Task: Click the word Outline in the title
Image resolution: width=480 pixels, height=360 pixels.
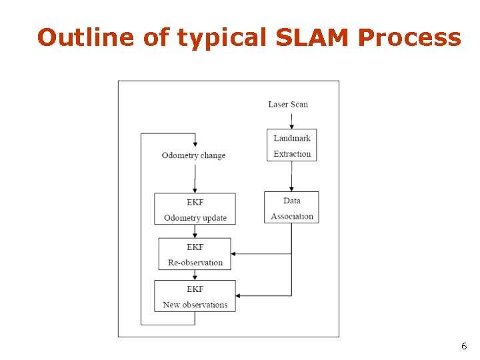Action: point(87,37)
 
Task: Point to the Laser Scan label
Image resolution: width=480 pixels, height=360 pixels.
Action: point(288,104)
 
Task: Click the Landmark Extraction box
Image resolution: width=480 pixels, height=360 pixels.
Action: point(291,145)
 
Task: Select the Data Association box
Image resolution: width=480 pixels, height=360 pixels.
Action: point(291,207)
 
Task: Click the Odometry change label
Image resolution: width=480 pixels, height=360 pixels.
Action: point(193,155)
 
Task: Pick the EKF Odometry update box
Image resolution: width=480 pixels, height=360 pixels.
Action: point(195,209)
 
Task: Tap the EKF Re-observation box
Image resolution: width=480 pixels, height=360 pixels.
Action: point(195,254)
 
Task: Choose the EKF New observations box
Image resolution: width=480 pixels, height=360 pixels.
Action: point(195,296)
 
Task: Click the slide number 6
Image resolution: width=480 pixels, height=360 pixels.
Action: point(464,346)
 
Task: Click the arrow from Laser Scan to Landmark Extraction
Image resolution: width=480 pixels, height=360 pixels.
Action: point(291,119)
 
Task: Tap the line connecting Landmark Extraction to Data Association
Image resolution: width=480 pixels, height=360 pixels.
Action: point(291,176)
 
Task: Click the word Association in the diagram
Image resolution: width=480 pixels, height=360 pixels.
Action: point(292,216)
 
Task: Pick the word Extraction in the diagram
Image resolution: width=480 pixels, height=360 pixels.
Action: point(292,154)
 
